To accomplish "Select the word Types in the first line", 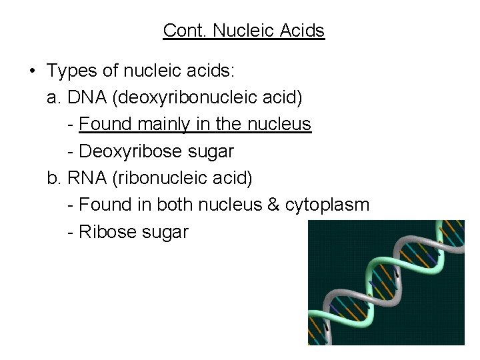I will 71,71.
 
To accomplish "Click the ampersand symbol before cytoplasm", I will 273,205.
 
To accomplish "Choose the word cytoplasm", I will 327,205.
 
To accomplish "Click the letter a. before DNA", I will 55,98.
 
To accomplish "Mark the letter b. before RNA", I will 55,178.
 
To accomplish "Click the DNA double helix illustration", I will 386,283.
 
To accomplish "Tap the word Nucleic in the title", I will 239,31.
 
